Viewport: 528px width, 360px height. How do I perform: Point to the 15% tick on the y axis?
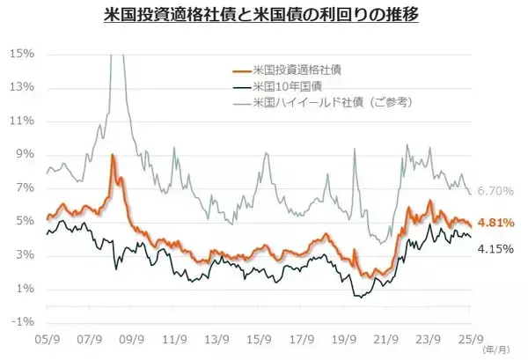tap(22, 54)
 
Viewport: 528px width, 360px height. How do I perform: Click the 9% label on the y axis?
tap(25, 154)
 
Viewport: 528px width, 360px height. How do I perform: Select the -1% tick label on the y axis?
tap(22, 322)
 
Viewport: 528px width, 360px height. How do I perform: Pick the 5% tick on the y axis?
tap(25, 221)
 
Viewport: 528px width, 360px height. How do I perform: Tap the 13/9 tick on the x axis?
tap(216, 338)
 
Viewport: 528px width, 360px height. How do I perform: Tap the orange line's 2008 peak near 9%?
tap(113, 156)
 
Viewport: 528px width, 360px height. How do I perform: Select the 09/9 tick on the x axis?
tap(131, 338)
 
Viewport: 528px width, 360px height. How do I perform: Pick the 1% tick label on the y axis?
tap(25, 289)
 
